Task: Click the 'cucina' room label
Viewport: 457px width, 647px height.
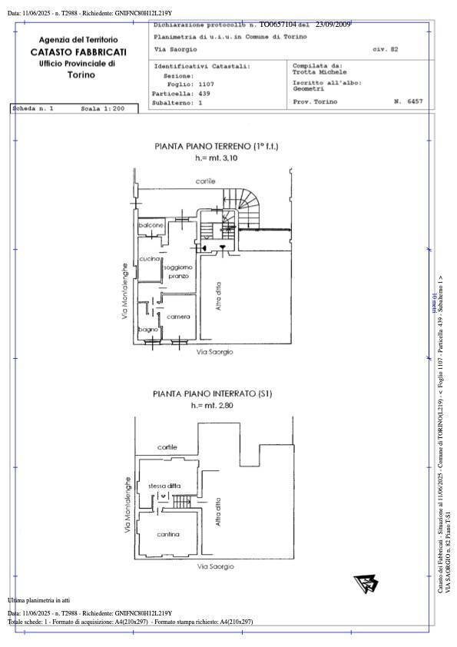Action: click(149, 259)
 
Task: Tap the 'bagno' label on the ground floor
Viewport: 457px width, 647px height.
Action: click(147, 330)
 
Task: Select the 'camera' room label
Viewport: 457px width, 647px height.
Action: click(178, 317)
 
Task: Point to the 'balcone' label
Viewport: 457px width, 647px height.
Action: click(151, 224)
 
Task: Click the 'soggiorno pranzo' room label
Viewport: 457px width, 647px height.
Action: click(178, 270)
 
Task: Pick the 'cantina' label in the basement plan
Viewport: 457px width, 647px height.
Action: click(168, 534)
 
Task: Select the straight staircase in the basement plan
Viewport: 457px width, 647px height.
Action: click(181, 502)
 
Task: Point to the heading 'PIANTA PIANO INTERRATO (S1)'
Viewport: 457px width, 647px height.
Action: click(213, 393)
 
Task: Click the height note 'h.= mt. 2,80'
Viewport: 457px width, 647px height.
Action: click(213, 405)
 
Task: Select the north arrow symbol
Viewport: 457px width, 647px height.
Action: click(366, 585)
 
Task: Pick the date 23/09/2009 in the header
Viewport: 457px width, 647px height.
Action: click(332, 25)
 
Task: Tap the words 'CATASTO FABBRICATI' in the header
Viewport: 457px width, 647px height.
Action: click(78, 51)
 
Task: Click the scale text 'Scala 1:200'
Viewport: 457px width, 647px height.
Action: click(102, 109)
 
